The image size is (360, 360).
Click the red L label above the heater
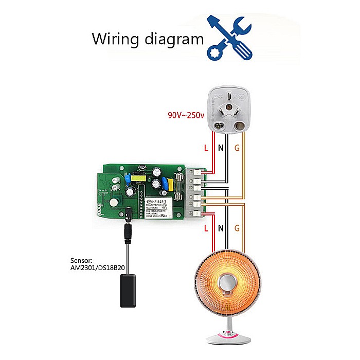point(207,227)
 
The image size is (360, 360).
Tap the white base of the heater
point(227,338)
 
